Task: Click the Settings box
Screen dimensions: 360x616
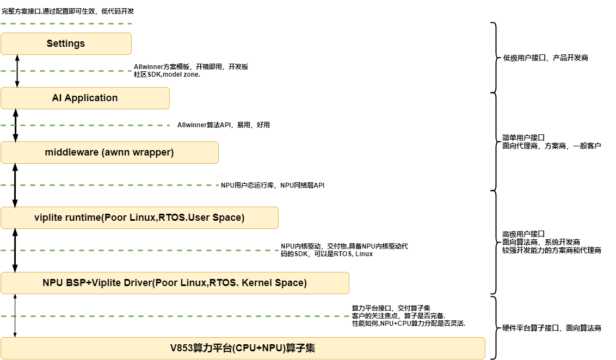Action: coord(66,44)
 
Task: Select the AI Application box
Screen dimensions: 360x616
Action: coord(85,98)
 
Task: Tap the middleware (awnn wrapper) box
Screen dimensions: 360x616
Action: coord(109,152)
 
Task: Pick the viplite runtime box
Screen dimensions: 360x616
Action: coord(139,218)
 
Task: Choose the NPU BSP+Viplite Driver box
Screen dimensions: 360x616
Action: coord(175,283)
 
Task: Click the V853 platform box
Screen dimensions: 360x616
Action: coord(243,348)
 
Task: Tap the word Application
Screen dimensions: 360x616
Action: coord(91,98)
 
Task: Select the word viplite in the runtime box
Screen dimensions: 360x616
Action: coord(48,218)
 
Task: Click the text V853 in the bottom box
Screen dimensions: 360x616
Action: coord(182,348)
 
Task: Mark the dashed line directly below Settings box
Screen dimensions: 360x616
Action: coord(66,71)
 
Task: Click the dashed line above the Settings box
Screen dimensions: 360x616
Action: coord(66,24)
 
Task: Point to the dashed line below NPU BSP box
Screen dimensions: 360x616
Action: coord(175,316)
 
